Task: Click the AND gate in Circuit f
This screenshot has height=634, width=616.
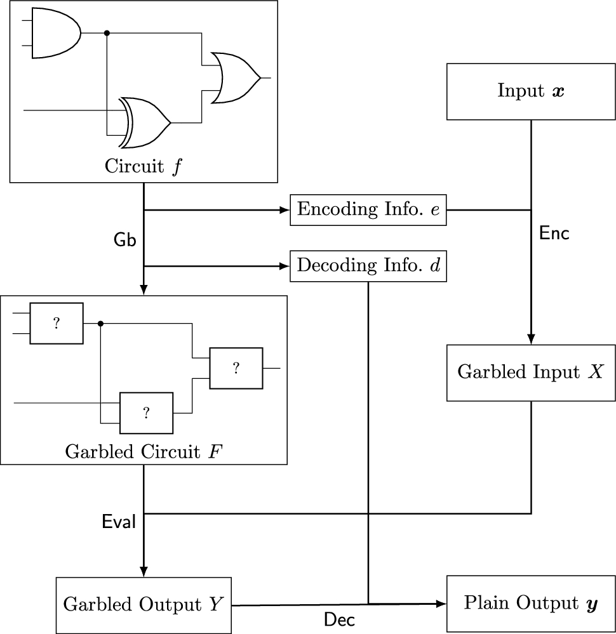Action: click(x=57, y=33)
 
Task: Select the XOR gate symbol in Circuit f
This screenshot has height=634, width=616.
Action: click(x=145, y=122)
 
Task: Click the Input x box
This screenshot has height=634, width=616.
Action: click(x=531, y=91)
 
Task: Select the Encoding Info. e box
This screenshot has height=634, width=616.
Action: click(x=368, y=210)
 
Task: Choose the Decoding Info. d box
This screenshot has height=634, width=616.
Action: click(x=368, y=266)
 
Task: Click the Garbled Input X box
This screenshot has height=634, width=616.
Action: click(x=531, y=373)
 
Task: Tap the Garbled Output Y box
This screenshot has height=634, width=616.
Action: click(x=144, y=605)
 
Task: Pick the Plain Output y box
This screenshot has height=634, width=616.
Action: click(x=531, y=604)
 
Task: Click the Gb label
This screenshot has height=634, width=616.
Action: click(x=124, y=240)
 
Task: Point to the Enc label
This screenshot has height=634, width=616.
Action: click(x=554, y=234)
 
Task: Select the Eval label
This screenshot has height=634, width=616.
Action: click(x=119, y=522)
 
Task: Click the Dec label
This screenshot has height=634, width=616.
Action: click(x=340, y=619)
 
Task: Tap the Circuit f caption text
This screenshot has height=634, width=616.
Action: click(x=144, y=166)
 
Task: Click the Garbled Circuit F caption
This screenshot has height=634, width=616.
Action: click(x=144, y=452)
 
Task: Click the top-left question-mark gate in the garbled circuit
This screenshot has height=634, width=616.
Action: click(x=57, y=324)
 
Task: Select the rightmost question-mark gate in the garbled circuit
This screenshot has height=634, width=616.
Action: click(x=236, y=368)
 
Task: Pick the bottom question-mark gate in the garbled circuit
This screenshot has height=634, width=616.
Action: click(x=146, y=413)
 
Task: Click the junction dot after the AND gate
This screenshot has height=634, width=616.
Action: click(x=107, y=33)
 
